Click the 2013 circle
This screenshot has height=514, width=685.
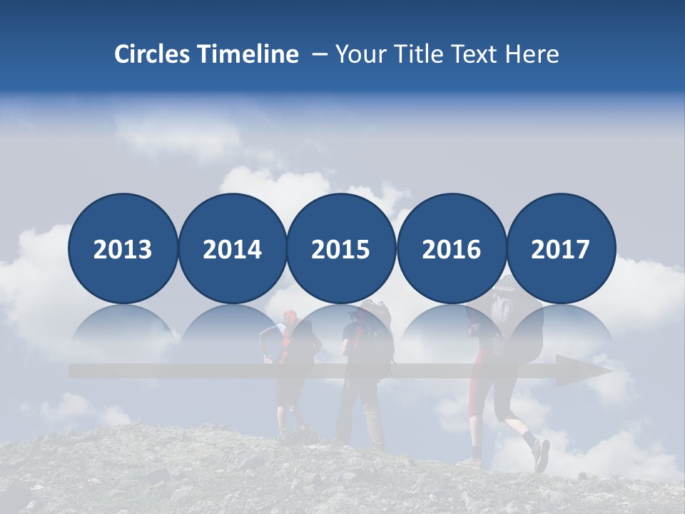123,248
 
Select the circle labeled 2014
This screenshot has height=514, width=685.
232,248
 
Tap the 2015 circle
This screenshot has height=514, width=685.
341,248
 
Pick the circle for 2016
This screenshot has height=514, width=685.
451,248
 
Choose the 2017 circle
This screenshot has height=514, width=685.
560,248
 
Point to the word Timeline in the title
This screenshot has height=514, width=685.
249,54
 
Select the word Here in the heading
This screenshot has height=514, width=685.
532,54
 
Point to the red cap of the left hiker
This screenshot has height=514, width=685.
290,314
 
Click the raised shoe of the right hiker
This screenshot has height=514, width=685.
542,455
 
